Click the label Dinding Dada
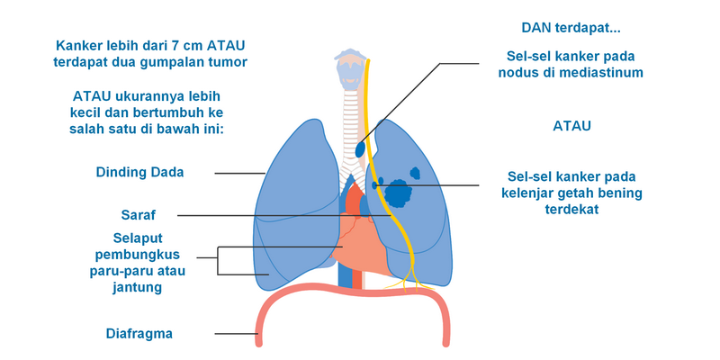coord(139,173)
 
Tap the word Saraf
coord(139,215)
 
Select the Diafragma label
coord(139,334)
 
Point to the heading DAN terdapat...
coord(577,28)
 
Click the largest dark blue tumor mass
coord(397,192)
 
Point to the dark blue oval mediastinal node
coord(361,148)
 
